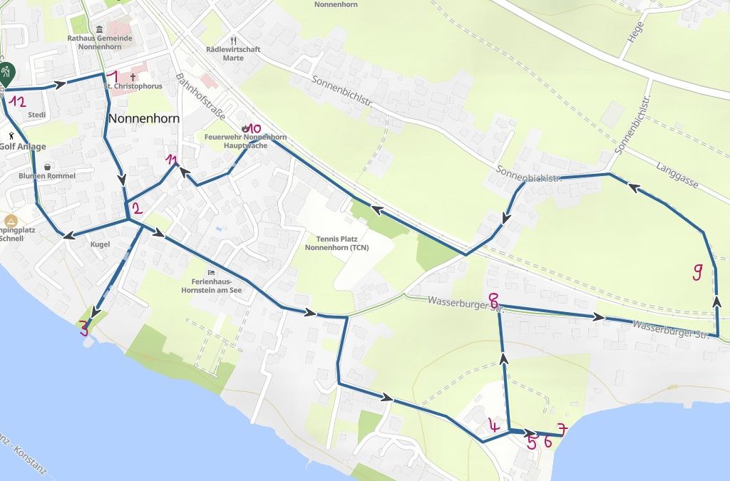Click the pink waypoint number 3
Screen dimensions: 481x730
pyautogui.click(x=84, y=329)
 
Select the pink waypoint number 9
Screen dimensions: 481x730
pyautogui.click(x=698, y=271)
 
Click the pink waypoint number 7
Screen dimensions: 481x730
pyautogui.click(x=562, y=430)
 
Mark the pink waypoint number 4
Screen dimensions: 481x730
pyautogui.click(x=493, y=427)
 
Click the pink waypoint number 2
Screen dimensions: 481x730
pyautogui.click(x=138, y=209)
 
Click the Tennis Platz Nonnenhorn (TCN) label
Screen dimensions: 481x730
pyautogui.click(x=337, y=243)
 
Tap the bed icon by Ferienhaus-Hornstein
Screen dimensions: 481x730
pyautogui.click(x=210, y=272)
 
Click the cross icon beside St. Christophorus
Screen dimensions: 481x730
pyautogui.click(x=133, y=75)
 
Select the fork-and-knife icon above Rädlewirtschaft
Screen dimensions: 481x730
pyautogui.click(x=232, y=40)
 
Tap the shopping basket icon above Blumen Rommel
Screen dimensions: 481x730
pyautogui.click(x=47, y=167)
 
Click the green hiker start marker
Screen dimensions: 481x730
pyautogui.click(x=6, y=73)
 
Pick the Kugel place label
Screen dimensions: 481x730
pyautogui.click(x=101, y=244)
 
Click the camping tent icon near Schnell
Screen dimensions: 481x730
pyautogui.click(x=10, y=220)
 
